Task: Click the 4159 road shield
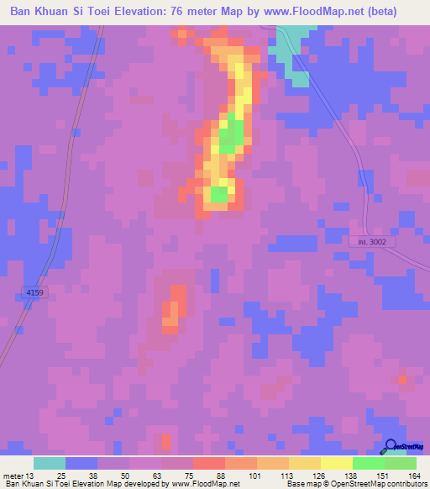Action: click(34, 292)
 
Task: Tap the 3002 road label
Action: click(372, 241)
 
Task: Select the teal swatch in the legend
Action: click(50, 463)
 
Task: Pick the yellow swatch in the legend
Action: click(337, 463)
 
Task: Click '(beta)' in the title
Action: click(398, 12)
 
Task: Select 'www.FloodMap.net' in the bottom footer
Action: click(205, 484)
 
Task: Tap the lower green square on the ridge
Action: click(219, 195)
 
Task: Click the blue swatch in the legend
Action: click(81, 463)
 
